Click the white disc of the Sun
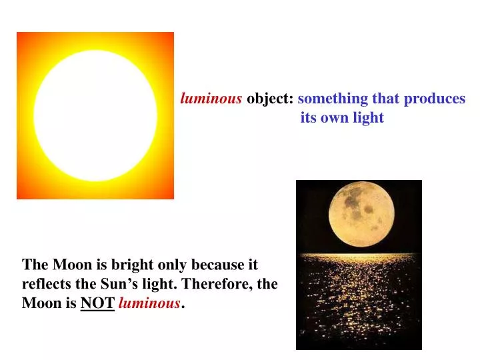coord(95,115)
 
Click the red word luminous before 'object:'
coord(211,99)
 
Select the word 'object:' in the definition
coord(270,99)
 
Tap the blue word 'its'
coord(309,118)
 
